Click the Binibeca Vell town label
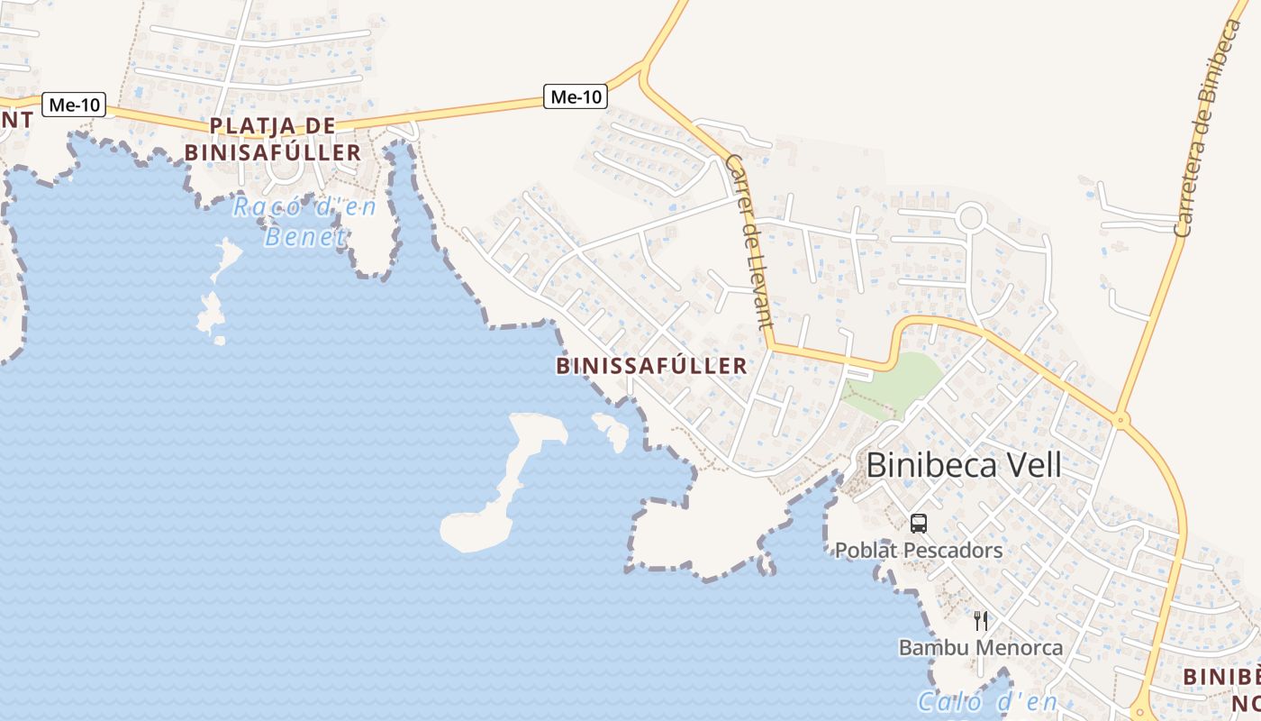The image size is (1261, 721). (x=963, y=465)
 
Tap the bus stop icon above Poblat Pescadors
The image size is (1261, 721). (x=918, y=523)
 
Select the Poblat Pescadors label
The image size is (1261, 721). (x=918, y=550)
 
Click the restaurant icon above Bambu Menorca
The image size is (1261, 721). (x=981, y=620)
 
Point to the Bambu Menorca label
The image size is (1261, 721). (x=981, y=647)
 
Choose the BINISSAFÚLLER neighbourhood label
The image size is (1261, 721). (x=652, y=365)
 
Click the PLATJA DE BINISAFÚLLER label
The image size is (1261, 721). (x=273, y=139)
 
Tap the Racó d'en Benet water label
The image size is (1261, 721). (x=304, y=222)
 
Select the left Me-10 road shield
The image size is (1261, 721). (x=74, y=105)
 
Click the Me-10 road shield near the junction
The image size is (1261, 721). (x=575, y=96)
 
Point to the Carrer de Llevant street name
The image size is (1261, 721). (x=748, y=242)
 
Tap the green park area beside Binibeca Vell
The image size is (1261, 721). (x=896, y=383)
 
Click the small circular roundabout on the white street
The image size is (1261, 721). (x=971, y=217)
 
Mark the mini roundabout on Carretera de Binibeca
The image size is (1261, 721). (x=1120, y=419)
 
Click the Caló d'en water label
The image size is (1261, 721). (x=986, y=701)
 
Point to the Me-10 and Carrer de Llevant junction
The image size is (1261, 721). (x=643, y=68)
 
